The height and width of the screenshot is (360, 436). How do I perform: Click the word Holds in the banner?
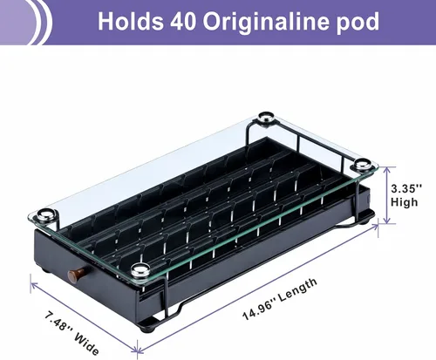pos(130,21)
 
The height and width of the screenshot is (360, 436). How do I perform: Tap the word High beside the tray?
pos(404,202)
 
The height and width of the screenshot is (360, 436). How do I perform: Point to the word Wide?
pos(86,344)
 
